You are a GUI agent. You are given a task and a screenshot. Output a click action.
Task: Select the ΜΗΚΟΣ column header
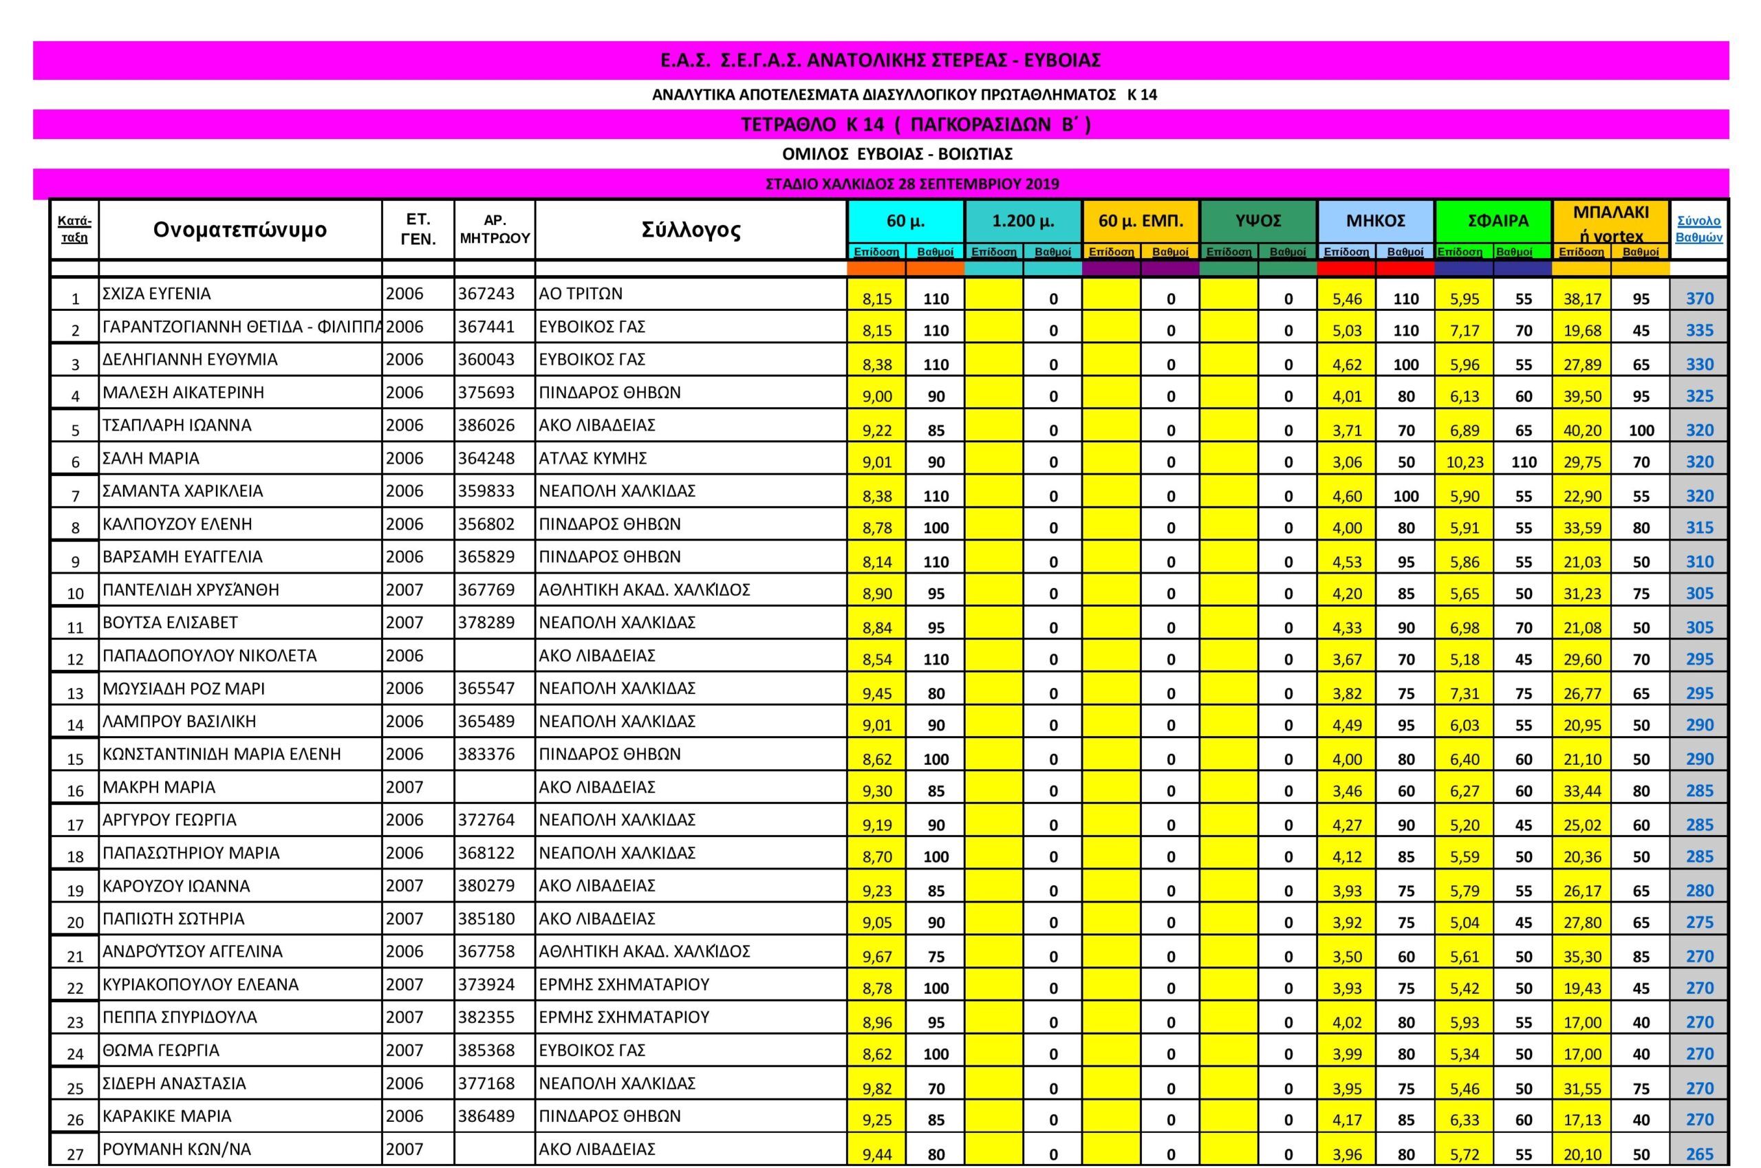coord(1375,221)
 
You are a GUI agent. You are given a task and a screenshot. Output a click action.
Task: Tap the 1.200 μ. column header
coord(1023,221)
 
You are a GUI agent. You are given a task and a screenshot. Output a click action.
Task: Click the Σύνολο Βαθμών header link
coord(1698,228)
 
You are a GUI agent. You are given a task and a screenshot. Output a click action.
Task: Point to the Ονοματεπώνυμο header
coord(240,230)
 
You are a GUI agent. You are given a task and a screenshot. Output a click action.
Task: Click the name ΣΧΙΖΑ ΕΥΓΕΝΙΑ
coord(156,294)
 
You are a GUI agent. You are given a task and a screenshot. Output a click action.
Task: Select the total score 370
coord(1699,299)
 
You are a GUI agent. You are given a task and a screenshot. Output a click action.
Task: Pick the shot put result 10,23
coord(1465,462)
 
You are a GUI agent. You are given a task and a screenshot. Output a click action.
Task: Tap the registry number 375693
coord(486,393)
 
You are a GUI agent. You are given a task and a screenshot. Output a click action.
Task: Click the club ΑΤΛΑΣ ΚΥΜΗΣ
coord(592,458)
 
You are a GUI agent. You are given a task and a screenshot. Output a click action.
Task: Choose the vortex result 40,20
coord(1582,430)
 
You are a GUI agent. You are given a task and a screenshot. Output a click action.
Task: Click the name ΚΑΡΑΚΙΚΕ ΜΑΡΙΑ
coord(167,1116)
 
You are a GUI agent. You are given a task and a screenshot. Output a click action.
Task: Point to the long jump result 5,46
coord(1347,299)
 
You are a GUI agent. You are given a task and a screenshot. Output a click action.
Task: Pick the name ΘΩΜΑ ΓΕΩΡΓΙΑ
coord(161,1050)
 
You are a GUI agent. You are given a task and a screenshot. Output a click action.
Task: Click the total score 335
coord(1699,330)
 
